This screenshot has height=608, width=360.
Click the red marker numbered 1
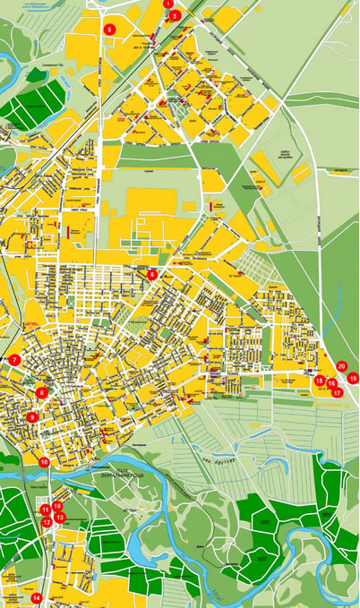(x=167, y=3)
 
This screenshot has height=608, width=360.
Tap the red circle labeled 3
(x=176, y=15)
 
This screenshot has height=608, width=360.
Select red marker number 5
(x=110, y=30)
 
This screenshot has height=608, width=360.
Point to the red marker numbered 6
(x=152, y=275)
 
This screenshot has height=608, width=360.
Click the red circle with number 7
(x=14, y=360)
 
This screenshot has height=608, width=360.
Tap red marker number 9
(x=32, y=417)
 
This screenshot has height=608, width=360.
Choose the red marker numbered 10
(x=45, y=462)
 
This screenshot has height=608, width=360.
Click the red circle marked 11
(x=45, y=510)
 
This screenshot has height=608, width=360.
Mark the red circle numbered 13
(x=60, y=518)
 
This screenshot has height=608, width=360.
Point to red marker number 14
(x=37, y=597)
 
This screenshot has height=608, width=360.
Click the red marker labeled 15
(x=320, y=381)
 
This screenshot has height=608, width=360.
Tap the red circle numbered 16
(x=331, y=384)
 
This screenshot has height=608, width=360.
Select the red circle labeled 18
(x=57, y=507)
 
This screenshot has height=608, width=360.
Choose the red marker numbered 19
(x=353, y=379)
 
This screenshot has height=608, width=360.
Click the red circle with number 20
(x=342, y=365)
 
